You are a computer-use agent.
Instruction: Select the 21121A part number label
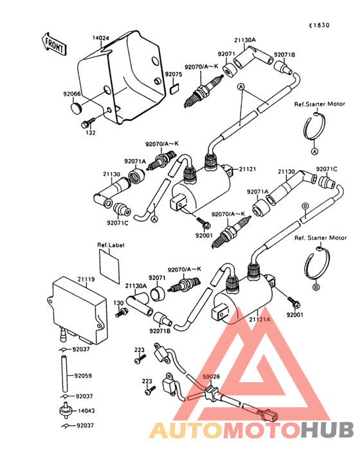(260, 318)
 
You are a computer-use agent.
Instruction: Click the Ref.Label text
(110, 245)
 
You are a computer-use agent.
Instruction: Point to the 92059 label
(83, 375)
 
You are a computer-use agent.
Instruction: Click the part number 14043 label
(86, 411)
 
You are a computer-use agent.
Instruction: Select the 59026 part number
(211, 376)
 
